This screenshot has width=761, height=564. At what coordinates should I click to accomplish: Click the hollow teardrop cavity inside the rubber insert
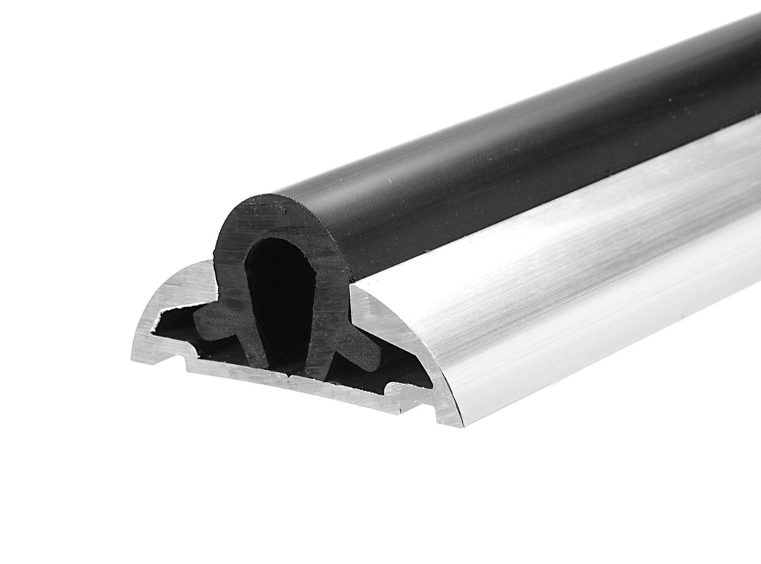coord(278,297)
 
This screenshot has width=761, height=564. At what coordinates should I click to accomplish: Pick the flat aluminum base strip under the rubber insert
coord(297,386)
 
